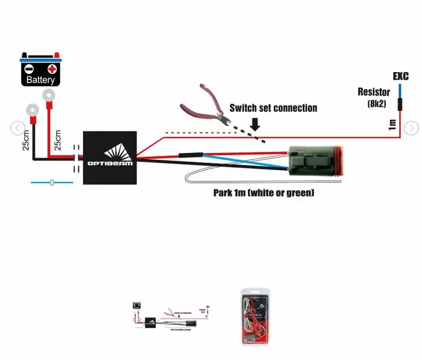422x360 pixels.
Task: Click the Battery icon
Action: tap(40, 70)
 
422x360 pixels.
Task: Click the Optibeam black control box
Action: tap(110, 157)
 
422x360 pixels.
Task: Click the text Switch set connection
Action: tap(273, 108)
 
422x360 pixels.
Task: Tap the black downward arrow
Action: tap(255, 123)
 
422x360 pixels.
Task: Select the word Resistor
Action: tap(374, 92)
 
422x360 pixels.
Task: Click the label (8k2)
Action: tap(377, 104)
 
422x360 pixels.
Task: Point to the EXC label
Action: tap(401, 76)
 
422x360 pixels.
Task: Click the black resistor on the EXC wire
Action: tap(400, 104)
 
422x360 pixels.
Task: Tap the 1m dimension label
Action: tap(392, 124)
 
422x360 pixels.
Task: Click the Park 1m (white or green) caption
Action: tap(263, 193)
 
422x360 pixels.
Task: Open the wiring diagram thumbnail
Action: tap(171, 315)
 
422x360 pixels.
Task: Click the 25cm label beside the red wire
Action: tap(57, 139)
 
